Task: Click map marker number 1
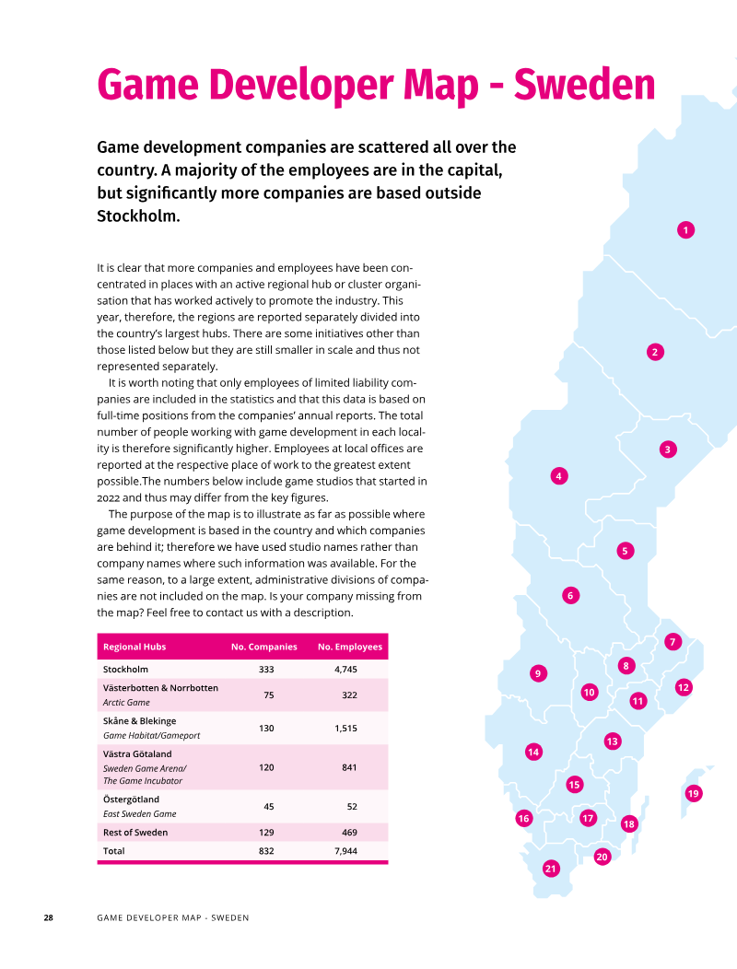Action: click(x=685, y=230)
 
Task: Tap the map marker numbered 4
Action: click(x=559, y=476)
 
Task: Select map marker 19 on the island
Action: click(x=693, y=793)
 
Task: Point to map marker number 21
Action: click(x=550, y=869)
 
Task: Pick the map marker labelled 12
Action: click(x=684, y=687)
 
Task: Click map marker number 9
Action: click(x=538, y=673)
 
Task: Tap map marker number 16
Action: click(x=523, y=818)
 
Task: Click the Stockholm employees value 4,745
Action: click(x=345, y=670)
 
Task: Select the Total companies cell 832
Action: click(x=266, y=851)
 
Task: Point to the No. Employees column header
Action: click(x=350, y=647)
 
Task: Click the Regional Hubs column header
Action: click(x=135, y=647)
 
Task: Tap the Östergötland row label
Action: click(x=131, y=799)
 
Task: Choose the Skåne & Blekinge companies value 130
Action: click(x=266, y=729)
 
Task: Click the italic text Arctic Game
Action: click(x=126, y=703)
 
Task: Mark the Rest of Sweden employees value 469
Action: click(x=349, y=833)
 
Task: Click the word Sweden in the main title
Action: click(x=584, y=85)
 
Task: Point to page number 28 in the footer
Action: click(x=48, y=917)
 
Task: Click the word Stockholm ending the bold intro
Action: click(x=138, y=216)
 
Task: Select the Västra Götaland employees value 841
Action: click(x=349, y=767)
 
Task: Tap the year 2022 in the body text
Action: click(x=108, y=497)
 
